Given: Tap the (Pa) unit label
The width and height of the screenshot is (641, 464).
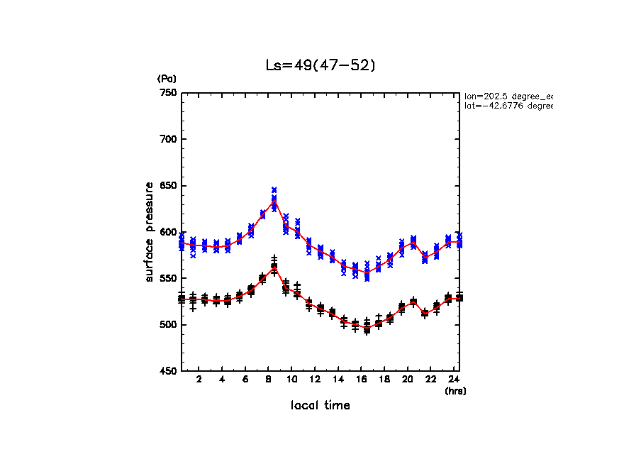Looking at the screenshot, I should pyautogui.click(x=166, y=79).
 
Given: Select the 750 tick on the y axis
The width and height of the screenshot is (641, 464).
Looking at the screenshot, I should pyautogui.click(x=168, y=93).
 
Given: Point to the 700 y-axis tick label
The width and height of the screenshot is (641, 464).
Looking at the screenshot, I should pyautogui.click(x=168, y=139).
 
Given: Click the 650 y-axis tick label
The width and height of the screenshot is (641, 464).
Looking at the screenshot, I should pyautogui.click(x=168, y=186).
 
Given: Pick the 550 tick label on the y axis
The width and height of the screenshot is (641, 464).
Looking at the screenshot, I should pyautogui.click(x=168, y=279).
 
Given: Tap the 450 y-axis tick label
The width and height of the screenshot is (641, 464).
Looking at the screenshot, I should pyautogui.click(x=168, y=371).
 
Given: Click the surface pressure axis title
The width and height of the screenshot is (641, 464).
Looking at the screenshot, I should pyautogui.click(x=150, y=232).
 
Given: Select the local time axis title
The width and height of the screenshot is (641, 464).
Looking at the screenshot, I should pyautogui.click(x=320, y=405).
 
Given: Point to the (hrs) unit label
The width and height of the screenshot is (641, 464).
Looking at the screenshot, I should pyautogui.click(x=455, y=390).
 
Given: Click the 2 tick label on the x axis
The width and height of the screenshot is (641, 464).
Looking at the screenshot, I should pyautogui.click(x=199, y=380).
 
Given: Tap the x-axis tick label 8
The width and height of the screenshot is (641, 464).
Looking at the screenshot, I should pyautogui.click(x=269, y=380).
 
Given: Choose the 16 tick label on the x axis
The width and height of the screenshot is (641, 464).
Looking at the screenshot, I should pyautogui.click(x=361, y=380).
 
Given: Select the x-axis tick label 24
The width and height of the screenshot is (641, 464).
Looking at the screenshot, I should pyautogui.click(x=454, y=380).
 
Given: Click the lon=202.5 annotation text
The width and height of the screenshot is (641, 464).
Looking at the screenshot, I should pyautogui.click(x=508, y=95).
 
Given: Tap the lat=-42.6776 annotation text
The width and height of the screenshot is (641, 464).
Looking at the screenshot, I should pyautogui.click(x=508, y=106).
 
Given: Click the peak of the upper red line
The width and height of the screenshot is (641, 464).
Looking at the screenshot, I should pyautogui.click(x=274, y=201).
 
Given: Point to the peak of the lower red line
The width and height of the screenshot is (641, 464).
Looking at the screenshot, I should pyautogui.click(x=274, y=267).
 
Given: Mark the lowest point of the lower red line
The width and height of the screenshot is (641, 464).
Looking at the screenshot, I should pyautogui.click(x=367, y=328).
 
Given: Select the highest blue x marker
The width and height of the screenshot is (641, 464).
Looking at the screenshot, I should pyautogui.click(x=274, y=189).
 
